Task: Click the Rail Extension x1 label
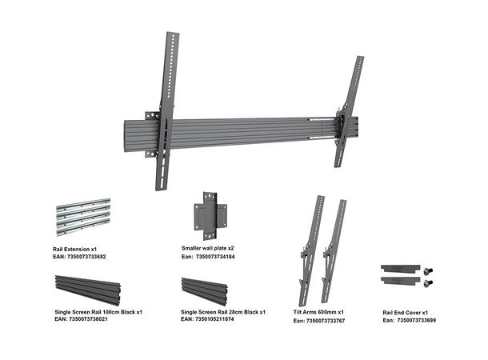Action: pos(74,250)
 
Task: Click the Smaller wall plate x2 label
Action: pos(207,249)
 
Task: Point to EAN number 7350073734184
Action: pos(212,257)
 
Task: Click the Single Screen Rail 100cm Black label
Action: pos(98,311)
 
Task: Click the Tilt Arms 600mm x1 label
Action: pos(319,312)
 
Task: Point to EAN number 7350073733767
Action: pos(318,320)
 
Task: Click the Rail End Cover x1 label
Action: pos(406,312)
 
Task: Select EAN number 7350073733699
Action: pos(409,320)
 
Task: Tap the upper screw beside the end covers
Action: pos(427,270)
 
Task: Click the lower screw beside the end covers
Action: pos(428,282)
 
